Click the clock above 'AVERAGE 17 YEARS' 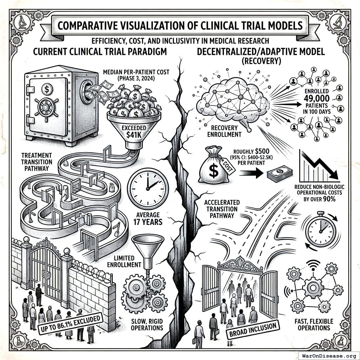coord(148,186)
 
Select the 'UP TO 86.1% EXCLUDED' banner coord(69,323)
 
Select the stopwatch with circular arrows coord(321,229)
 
